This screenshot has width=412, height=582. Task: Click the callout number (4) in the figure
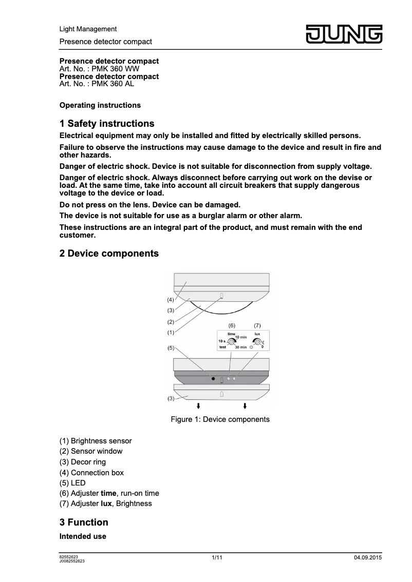(x=170, y=299)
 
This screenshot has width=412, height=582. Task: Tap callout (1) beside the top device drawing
(x=170, y=333)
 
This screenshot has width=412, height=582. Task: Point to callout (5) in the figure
(x=171, y=348)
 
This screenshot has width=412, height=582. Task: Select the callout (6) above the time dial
(x=232, y=326)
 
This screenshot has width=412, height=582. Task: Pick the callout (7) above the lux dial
(x=257, y=326)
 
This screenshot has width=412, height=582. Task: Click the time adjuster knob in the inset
(x=231, y=341)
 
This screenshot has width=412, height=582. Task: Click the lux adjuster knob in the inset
(x=256, y=341)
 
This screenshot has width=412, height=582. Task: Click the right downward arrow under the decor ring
(x=245, y=406)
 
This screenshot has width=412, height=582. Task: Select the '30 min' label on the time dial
(x=240, y=347)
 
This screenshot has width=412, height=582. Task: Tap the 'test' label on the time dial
(x=222, y=347)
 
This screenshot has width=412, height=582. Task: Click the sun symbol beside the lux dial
(x=251, y=347)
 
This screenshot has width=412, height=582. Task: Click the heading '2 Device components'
(x=109, y=254)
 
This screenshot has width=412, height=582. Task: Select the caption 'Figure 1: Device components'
(x=220, y=419)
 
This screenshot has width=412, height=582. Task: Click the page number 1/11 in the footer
(x=217, y=557)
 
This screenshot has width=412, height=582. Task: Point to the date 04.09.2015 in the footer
(x=368, y=558)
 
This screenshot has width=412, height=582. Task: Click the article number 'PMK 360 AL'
(x=113, y=84)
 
